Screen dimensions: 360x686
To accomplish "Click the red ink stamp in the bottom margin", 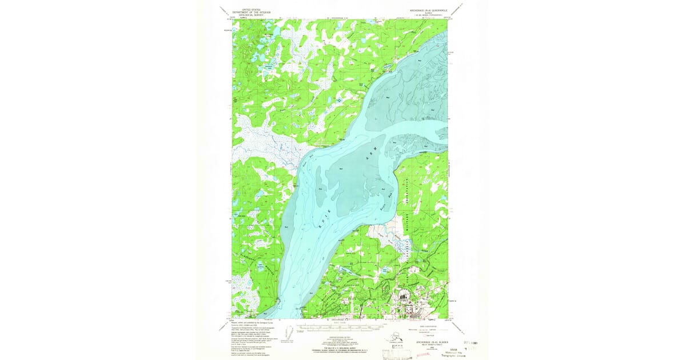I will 422,354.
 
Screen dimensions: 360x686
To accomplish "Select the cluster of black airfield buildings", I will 402,297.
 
